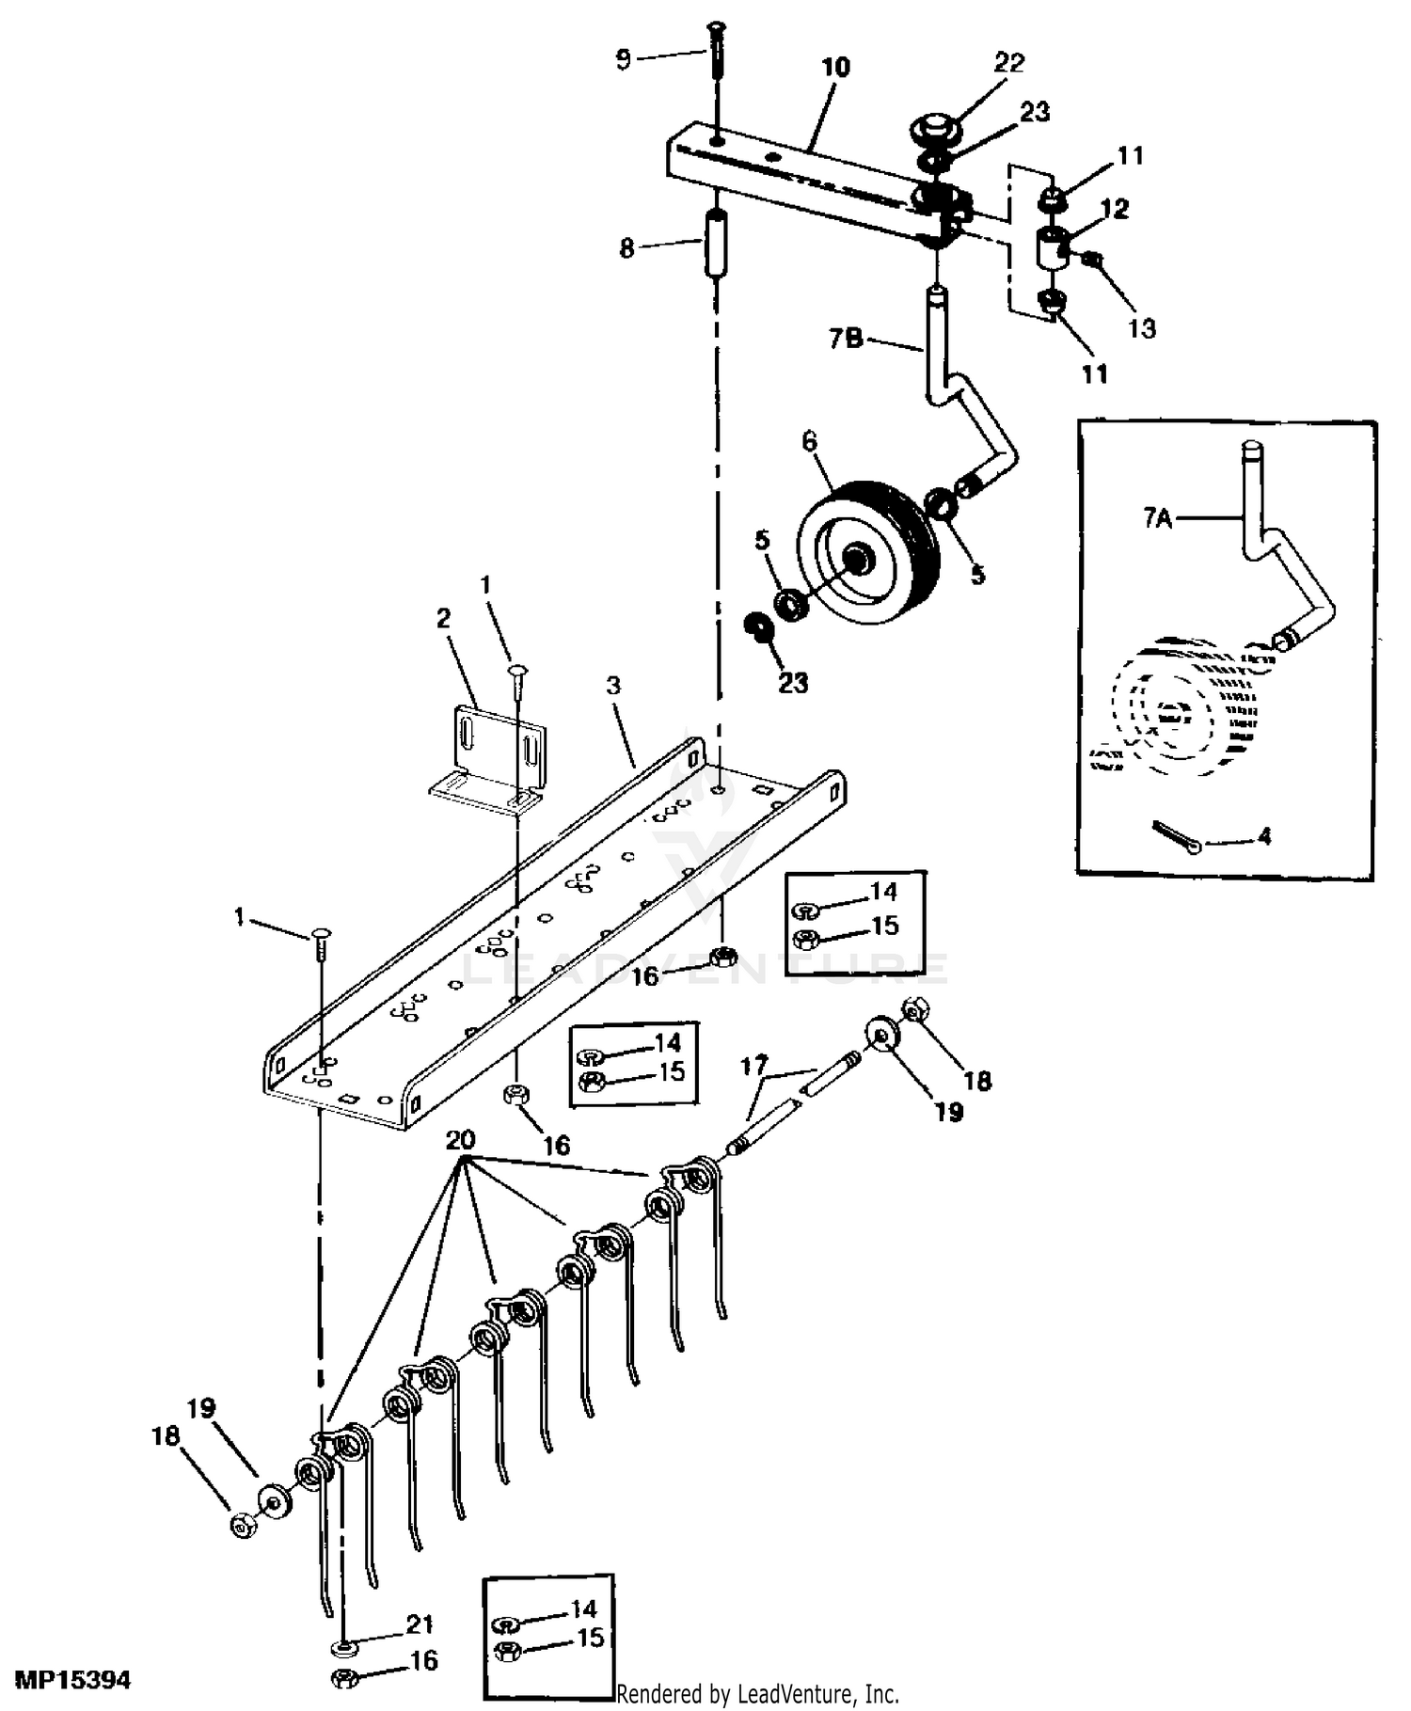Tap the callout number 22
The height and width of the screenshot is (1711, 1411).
click(1009, 63)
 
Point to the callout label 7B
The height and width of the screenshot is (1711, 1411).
click(846, 338)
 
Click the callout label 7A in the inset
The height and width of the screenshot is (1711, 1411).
click(1158, 517)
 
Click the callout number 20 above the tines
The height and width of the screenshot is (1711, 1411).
click(460, 1140)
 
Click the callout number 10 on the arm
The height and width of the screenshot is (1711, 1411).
click(835, 67)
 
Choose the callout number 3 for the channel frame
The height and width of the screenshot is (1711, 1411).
click(614, 686)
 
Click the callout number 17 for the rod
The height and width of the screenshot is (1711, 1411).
click(754, 1067)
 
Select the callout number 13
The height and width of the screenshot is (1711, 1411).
click(1142, 328)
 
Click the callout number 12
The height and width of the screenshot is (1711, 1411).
click(1115, 208)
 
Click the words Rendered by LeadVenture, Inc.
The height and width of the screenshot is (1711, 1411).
click(757, 1695)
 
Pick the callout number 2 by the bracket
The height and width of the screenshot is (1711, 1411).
click(443, 618)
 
